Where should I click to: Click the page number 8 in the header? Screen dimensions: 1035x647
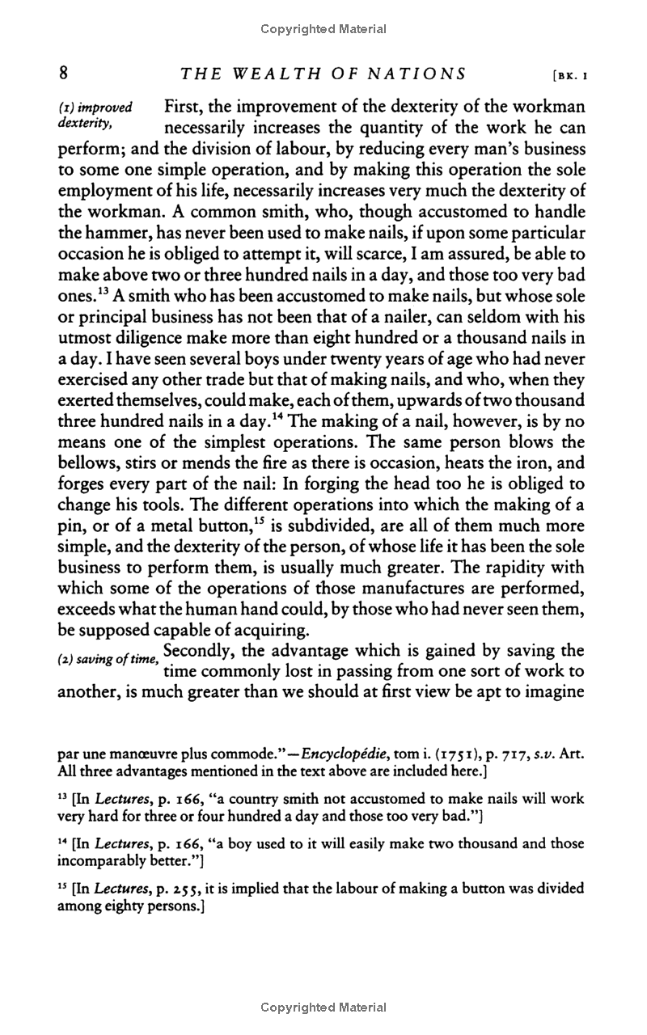63,74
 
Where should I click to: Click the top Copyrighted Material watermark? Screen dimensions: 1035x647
323,30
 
